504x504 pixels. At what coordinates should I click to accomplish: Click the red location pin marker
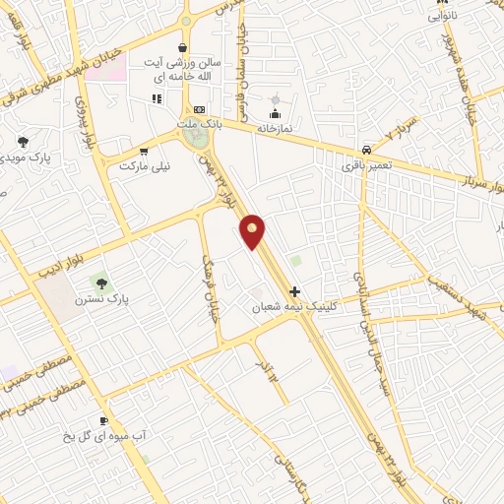(x=253, y=232)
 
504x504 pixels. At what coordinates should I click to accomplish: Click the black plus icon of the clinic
(x=294, y=291)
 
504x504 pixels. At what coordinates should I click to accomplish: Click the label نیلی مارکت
(x=145, y=166)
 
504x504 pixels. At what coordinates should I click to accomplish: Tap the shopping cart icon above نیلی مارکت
(x=145, y=152)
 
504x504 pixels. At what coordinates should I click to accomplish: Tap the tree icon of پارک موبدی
(x=24, y=143)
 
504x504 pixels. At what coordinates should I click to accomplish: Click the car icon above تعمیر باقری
(x=366, y=150)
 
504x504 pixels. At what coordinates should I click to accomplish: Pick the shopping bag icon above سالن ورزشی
(x=183, y=47)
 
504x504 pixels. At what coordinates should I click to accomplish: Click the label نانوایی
(x=439, y=17)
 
